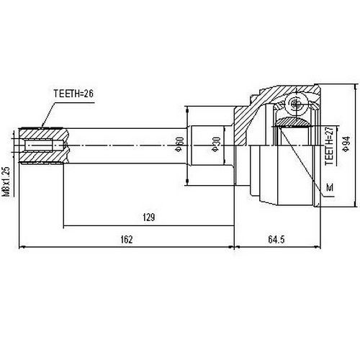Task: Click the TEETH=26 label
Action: pyautogui.click(x=73, y=94)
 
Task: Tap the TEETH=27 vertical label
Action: pyautogui.click(x=329, y=145)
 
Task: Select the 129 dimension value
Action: pyautogui.click(x=149, y=217)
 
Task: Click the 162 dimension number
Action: pyautogui.click(x=127, y=239)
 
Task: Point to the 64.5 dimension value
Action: pyautogui.click(x=276, y=239)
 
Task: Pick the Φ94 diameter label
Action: pyautogui.click(x=346, y=144)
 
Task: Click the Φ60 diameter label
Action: pyautogui.click(x=180, y=144)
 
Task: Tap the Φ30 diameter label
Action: pyautogui.click(x=216, y=144)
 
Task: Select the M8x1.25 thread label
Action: pyautogui.click(x=7, y=181)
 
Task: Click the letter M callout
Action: pyautogui.click(x=330, y=187)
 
